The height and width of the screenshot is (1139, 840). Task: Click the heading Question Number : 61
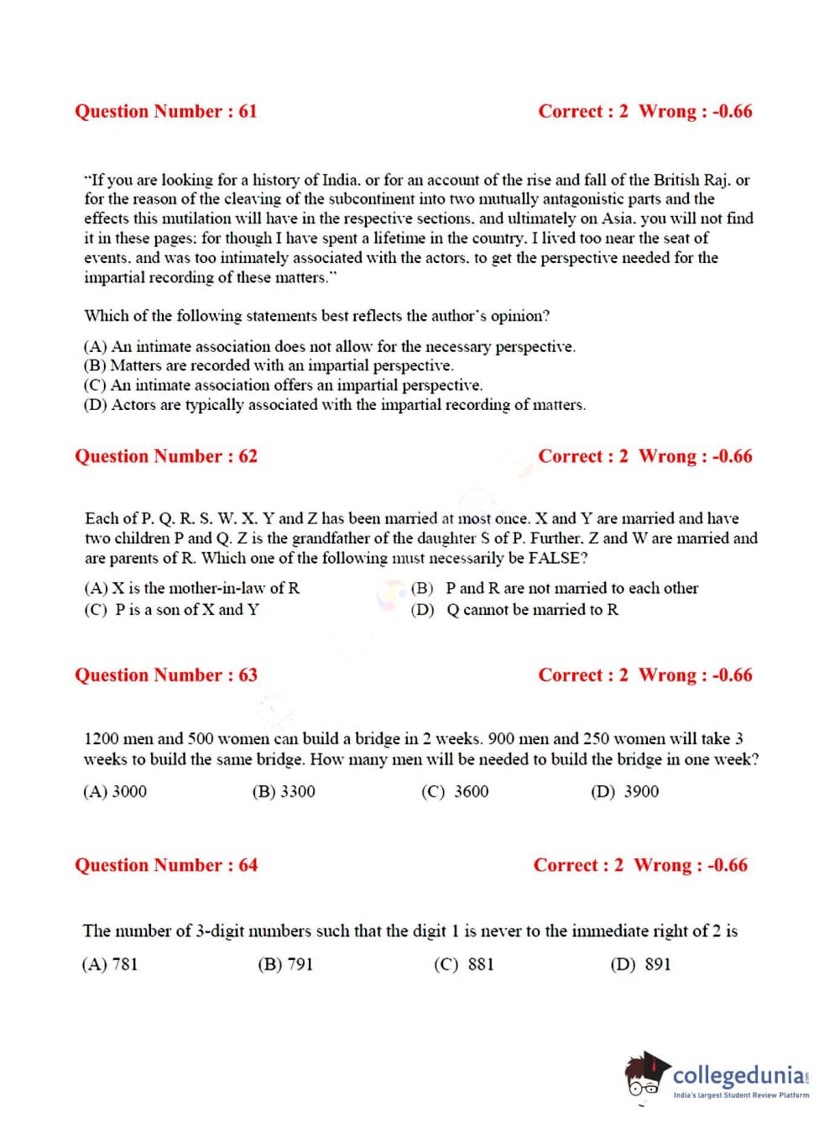coord(165,112)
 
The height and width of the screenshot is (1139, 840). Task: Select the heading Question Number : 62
coord(165,457)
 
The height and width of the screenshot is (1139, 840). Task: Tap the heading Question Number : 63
coord(165,675)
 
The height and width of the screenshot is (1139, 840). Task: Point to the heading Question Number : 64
coord(165,865)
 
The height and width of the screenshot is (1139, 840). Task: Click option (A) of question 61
coord(329,346)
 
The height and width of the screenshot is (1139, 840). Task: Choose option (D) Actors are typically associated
coord(334,405)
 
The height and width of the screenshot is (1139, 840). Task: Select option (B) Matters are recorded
coord(269,365)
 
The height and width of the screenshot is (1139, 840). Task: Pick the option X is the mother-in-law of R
coord(191,588)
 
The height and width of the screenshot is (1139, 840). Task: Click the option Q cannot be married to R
coord(514,610)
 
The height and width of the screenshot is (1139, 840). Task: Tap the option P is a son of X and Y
coord(171,610)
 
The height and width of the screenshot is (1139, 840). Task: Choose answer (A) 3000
coord(115,791)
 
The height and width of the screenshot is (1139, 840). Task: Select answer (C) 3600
coord(455,791)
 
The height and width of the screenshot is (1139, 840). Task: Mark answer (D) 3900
coord(625,791)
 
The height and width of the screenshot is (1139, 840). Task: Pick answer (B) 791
coord(285,964)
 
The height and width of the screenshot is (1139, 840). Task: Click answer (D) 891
coord(640,964)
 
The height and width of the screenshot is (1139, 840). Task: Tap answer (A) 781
coord(110,964)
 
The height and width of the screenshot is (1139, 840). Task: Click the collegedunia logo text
coord(739,1075)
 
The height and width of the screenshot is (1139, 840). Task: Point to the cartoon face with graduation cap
coord(646,1074)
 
